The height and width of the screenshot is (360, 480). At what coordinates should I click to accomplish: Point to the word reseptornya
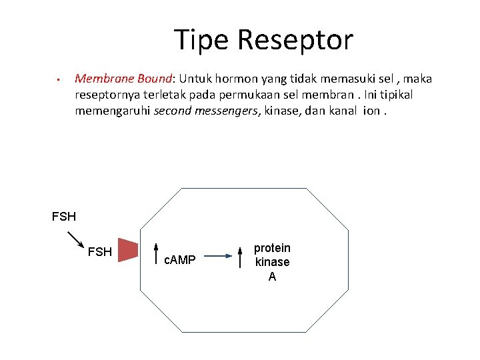tap(109, 95)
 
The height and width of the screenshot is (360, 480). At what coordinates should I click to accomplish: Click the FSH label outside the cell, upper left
tap(64, 217)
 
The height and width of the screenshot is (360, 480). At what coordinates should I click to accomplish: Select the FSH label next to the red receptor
tap(100, 252)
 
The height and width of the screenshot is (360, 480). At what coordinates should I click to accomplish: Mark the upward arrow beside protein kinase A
tap(241, 256)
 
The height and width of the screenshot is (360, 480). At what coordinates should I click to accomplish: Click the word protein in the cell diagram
tap(272, 248)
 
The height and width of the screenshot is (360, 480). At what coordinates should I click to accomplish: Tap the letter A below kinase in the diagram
tap(272, 277)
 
